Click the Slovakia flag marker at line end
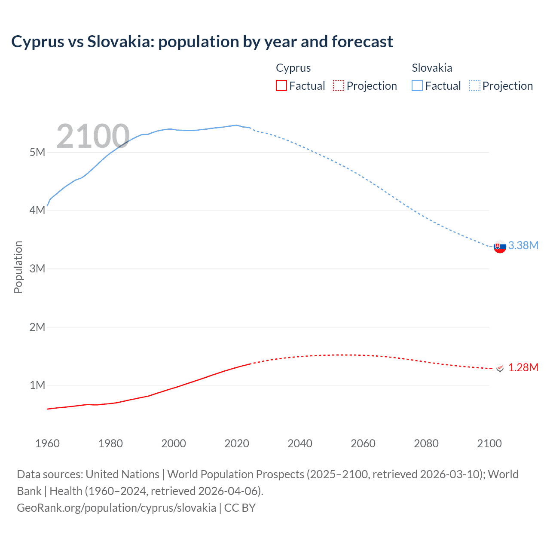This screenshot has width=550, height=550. click(500, 247)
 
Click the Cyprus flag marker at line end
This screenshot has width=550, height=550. click(500, 368)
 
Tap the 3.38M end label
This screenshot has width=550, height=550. click(523, 245)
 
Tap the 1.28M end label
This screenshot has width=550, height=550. click(523, 367)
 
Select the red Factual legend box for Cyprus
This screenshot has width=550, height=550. click(281, 86)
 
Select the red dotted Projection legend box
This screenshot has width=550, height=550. click(339, 86)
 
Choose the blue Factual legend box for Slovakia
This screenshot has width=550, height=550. click(417, 86)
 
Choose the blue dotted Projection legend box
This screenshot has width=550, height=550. click(475, 86)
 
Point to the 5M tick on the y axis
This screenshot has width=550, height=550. click(37, 152)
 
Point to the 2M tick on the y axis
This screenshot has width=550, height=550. click(37, 327)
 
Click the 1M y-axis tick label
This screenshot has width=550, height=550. click(37, 385)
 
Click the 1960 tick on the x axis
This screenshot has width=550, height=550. click(47, 443)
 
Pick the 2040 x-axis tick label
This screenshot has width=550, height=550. click(300, 443)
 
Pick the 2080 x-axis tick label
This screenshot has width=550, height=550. click(426, 443)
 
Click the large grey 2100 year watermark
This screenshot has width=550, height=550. click(93, 136)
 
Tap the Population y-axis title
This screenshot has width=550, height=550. click(18, 267)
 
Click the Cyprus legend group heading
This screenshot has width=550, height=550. click(293, 68)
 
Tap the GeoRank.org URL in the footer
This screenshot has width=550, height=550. click(116, 508)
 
